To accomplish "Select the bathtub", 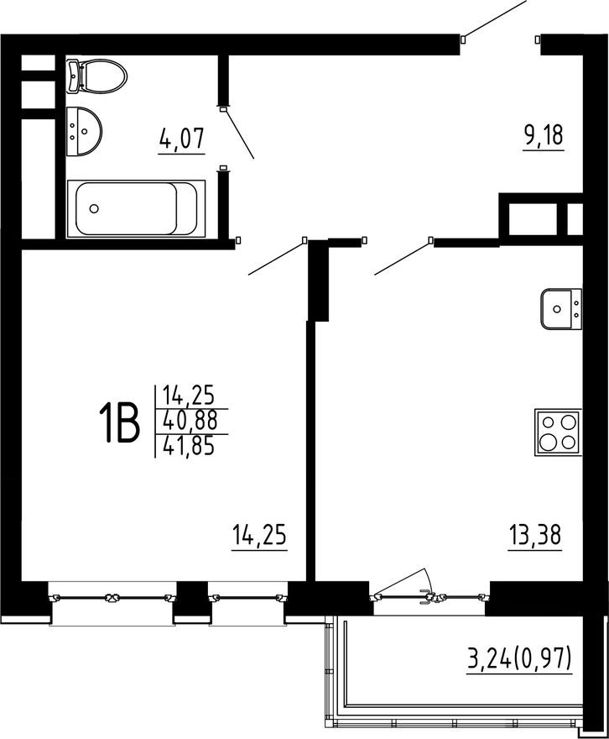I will [136, 208].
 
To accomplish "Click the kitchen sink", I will [561, 308].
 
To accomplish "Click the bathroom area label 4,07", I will [182, 139].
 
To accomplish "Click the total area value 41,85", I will [189, 444].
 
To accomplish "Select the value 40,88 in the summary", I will [189, 418].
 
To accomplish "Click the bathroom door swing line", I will [239, 134].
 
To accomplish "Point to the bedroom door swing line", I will [275, 259].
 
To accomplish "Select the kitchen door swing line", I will [401, 259].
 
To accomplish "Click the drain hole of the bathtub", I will [95, 209].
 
